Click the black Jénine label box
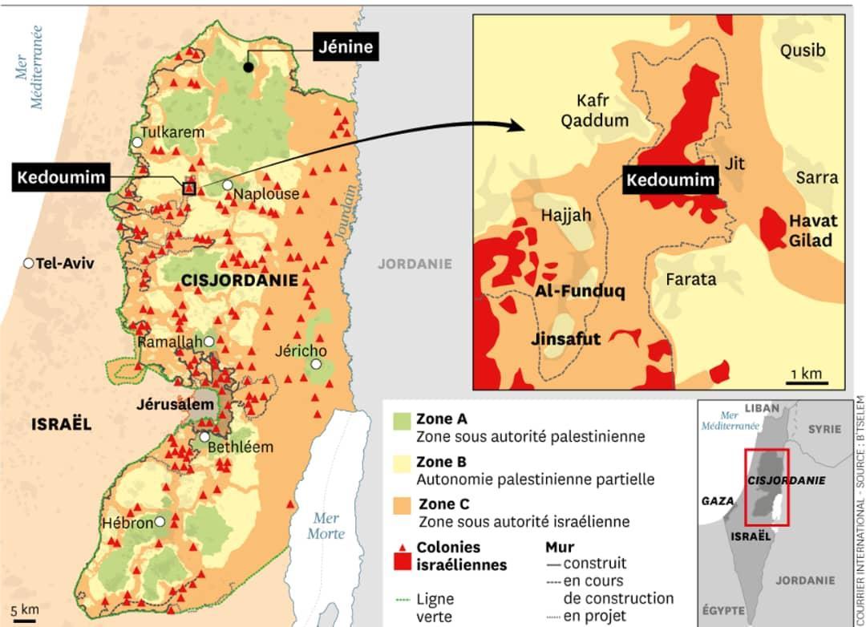[x=346, y=47]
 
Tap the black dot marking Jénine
[x=249, y=67]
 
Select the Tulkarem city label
[x=172, y=132]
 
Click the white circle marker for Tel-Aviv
[x=29, y=263]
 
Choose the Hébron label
[x=127, y=523]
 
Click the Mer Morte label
[x=326, y=525]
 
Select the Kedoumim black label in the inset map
[x=670, y=180]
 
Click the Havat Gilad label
[x=812, y=230]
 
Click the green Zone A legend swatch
[x=401, y=421]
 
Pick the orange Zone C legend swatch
[x=401, y=507]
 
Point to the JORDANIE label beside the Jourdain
[x=415, y=263]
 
